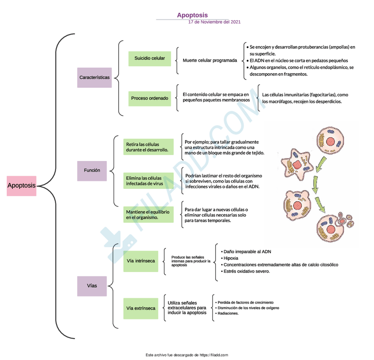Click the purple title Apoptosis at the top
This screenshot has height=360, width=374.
point(192,15)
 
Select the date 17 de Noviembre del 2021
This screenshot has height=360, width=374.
point(214,22)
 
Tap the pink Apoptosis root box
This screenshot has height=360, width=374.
point(22,186)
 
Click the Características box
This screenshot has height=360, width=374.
point(94,77)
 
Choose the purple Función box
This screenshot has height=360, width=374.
point(92,170)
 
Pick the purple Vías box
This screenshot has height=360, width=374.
point(92,285)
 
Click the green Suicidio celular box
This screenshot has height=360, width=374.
point(150,58)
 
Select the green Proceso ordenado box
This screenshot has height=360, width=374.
point(150,98)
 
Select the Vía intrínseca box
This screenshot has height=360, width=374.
point(141,261)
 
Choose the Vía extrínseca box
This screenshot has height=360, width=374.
point(141,308)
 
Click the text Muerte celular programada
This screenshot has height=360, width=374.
point(209,60)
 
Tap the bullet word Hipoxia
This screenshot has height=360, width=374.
point(231,258)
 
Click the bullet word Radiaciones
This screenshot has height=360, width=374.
point(228,314)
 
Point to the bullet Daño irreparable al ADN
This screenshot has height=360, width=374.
point(247,251)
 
